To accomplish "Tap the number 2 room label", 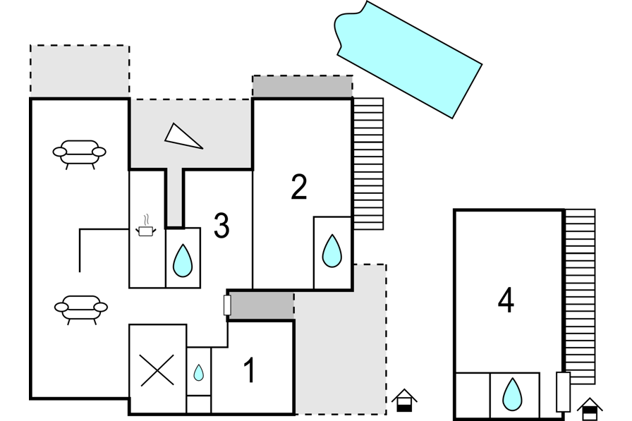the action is click(x=299, y=187).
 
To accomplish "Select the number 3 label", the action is click(x=221, y=226).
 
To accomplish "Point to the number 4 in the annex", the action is click(x=506, y=300).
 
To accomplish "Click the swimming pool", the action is click(x=408, y=60).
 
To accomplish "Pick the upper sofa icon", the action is click(x=80, y=154).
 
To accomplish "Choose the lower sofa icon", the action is click(x=81, y=310).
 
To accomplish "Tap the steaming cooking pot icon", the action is click(x=145, y=226).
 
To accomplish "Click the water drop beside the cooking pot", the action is click(x=183, y=260).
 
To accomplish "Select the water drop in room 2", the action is click(x=332, y=250).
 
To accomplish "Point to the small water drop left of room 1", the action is click(x=198, y=372).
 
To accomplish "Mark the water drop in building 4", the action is click(x=512, y=394).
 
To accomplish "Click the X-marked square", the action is click(x=157, y=370).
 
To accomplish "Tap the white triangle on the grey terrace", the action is click(x=183, y=136).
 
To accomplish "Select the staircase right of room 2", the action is click(x=368, y=164).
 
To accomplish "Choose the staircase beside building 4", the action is click(x=580, y=296).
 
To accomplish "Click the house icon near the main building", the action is click(x=404, y=400).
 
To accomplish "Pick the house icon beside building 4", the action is click(x=590, y=409).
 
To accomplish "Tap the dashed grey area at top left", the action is click(x=80, y=71).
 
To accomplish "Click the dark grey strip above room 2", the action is click(x=303, y=86).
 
